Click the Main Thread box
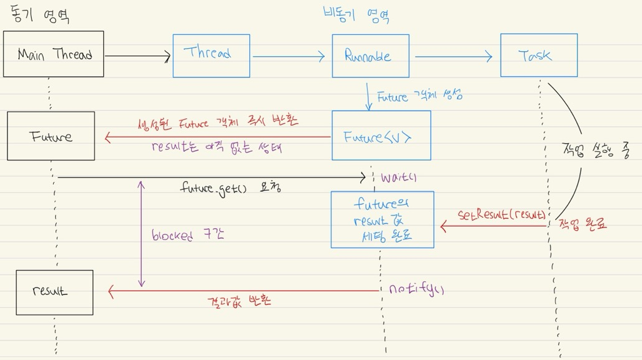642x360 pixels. click(53, 54)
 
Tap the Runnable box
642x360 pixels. click(370, 56)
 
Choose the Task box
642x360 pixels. click(538, 56)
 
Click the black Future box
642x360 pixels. click(51, 136)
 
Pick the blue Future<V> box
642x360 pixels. click(381, 136)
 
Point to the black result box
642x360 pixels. click(54, 292)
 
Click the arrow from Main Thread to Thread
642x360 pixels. click(138, 57)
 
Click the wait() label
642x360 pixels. click(399, 178)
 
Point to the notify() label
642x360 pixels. click(416, 289)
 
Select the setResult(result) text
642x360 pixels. click(501, 215)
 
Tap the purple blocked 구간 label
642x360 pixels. click(188, 236)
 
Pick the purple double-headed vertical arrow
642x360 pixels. click(141, 234)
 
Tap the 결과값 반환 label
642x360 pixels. click(239, 301)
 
